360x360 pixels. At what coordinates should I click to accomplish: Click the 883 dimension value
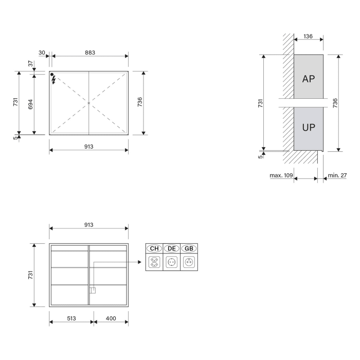90,52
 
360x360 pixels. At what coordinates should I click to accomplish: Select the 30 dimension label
42,52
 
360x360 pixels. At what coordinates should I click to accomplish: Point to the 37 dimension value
30,63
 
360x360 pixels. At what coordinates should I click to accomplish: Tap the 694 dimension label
30,104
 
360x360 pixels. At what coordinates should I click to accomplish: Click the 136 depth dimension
309,36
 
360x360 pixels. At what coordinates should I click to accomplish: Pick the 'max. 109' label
281,175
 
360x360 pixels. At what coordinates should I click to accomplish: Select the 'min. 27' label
337,175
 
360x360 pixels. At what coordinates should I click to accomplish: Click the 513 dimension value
71,319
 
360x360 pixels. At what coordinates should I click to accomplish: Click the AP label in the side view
309,79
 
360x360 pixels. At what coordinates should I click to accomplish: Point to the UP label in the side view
309,128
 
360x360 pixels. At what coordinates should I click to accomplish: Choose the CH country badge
154,248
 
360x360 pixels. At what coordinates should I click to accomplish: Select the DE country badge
172,248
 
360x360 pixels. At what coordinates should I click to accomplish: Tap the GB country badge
189,248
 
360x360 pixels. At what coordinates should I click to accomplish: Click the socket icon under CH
154,262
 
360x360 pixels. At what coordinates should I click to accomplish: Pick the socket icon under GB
189,262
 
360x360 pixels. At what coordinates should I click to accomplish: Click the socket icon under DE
172,262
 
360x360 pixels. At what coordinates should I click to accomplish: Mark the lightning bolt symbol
53,80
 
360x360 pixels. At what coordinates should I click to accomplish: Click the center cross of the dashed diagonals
89,103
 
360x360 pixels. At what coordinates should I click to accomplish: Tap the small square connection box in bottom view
93,290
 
